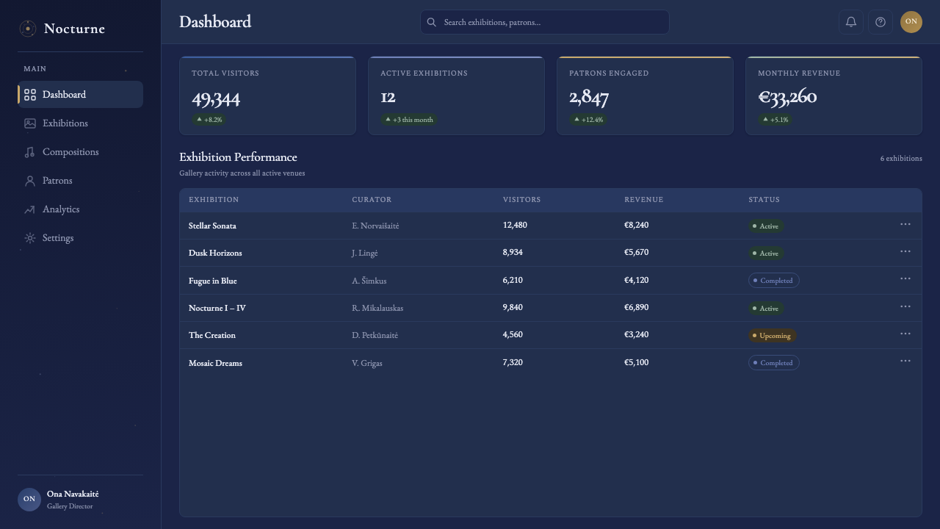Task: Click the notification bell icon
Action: [850, 22]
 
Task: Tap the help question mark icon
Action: [880, 22]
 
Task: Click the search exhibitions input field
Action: [544, 22]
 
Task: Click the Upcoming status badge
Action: [772, 336]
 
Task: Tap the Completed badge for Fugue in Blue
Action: [773, 281]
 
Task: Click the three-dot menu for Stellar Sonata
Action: [905, 224]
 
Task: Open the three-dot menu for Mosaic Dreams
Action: [905, 361]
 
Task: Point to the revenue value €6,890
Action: [636, 307]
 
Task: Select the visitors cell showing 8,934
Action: [513, 252]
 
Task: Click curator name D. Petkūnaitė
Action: [375, 335]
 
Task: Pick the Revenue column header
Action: [644, 199]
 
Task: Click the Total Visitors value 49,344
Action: [216, 99]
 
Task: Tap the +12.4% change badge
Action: [588, 120]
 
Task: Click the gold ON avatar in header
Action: [911, 21]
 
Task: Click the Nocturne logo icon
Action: [28, 29]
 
